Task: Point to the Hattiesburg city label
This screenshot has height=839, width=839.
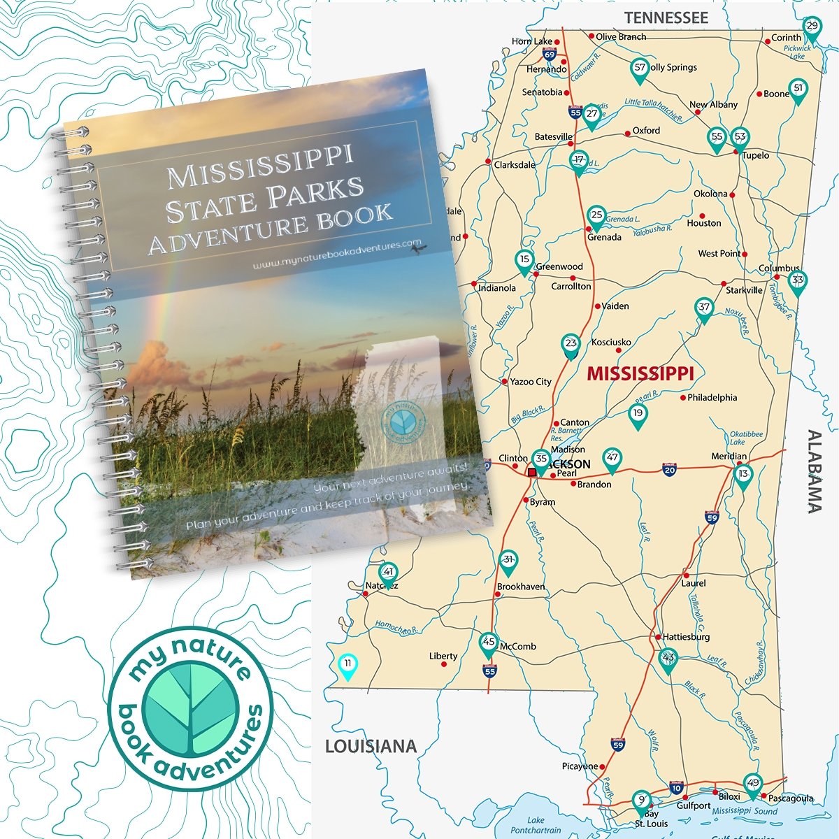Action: point(686,637)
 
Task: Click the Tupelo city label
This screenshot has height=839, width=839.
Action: point(756,155)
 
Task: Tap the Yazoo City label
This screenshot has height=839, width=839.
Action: point(530,382)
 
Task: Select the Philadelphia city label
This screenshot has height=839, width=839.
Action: point(712,397)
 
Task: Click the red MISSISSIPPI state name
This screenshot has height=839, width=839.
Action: point(640,373)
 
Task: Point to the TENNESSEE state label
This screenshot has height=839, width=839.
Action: point(666,17)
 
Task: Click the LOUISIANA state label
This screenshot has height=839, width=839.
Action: point(371,747)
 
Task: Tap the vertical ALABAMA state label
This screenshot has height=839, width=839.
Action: point(815,471)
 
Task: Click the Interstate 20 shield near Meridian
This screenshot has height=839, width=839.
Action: point(669,468)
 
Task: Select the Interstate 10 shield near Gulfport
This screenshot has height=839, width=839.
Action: point(675,788)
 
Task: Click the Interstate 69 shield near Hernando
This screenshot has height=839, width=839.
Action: point(550,55)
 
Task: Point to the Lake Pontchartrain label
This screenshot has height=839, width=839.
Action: point(536,825)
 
